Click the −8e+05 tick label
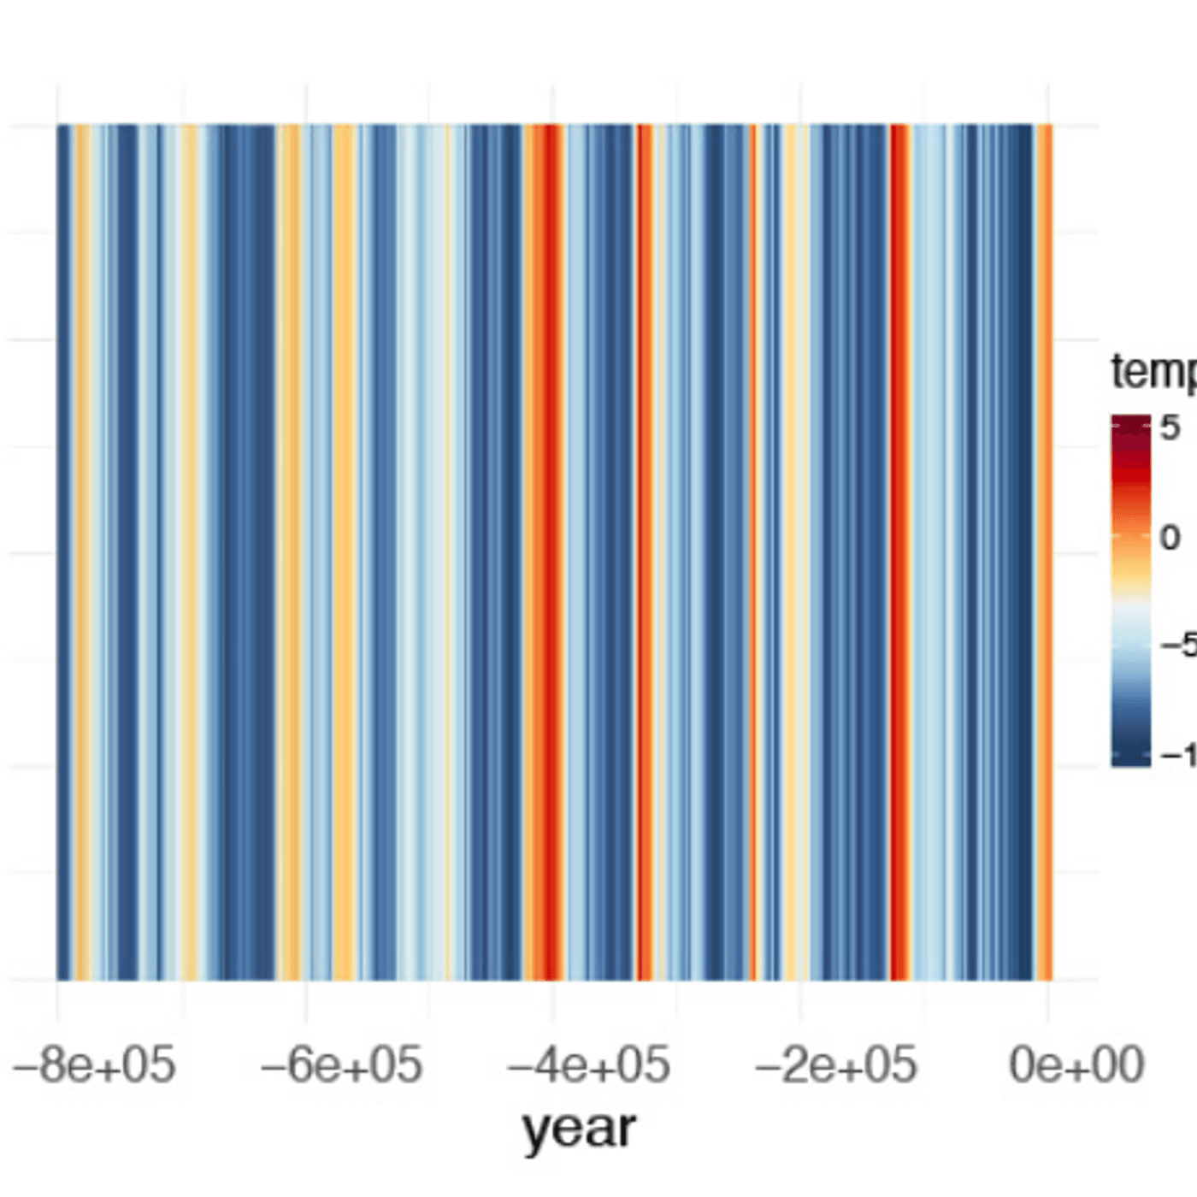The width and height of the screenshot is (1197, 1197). click(94, 1065)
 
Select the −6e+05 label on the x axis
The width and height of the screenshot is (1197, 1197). click(341, 1065)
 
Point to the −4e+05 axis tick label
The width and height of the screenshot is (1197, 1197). click(588, 1065)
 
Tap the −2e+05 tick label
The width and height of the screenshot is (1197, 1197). click(835, 1065)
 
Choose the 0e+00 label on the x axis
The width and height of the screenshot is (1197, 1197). click(1076, 1065)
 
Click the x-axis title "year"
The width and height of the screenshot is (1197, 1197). click(579, 1129)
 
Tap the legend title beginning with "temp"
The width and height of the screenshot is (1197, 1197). click(1153, 371)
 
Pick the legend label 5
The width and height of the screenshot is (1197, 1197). click(1170, 427)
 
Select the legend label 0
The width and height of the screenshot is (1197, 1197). click(1170, 538)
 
